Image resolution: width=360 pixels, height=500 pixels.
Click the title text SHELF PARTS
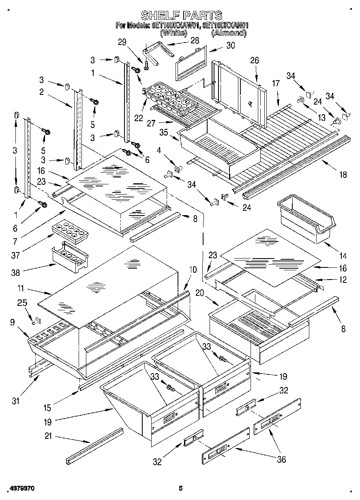(181, 15)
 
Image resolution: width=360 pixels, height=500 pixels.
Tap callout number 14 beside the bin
(343, 256)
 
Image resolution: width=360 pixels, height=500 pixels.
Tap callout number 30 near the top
(230, 45)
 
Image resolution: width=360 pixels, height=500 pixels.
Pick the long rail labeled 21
(95, 446)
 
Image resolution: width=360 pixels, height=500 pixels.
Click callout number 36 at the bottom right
(281, 459)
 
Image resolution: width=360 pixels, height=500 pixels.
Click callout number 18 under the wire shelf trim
(343, 175)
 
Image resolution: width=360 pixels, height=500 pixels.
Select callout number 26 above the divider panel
(254, 61)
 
